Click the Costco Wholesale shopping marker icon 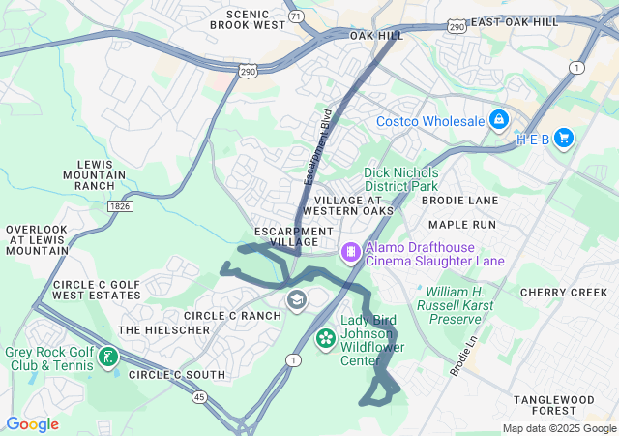499,120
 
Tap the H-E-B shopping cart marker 564,140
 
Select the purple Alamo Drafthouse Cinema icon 350,253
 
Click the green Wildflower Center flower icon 327,339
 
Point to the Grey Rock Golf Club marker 107,358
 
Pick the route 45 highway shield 199,396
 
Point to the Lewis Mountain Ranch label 94,175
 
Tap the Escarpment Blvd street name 318,153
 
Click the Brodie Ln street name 463,357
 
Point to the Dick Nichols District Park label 400,179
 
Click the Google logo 32,424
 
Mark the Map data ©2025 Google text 559,428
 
